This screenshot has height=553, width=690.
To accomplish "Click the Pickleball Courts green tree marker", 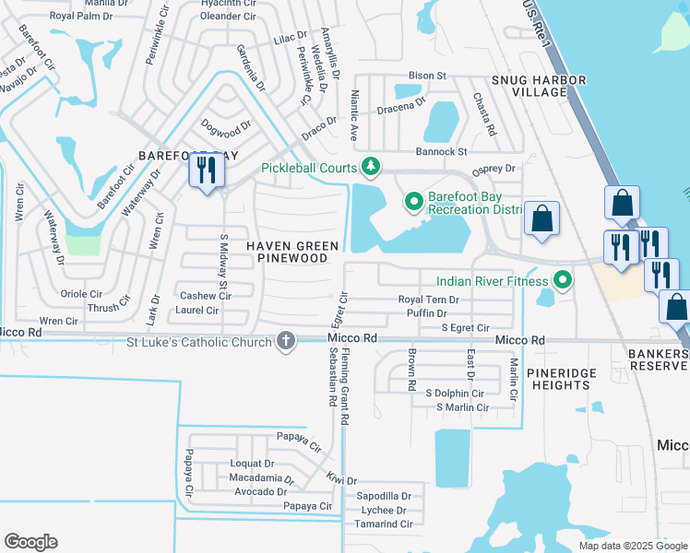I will point(371,167).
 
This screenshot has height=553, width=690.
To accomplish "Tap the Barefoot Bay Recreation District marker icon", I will point(414,200).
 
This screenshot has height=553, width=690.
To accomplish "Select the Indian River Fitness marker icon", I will point(560,279).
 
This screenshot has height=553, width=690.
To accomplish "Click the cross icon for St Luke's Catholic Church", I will point(286,342).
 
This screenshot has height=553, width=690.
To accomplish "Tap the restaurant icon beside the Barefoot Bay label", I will point(206,171).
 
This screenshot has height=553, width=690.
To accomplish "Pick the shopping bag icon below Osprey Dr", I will point(542,219).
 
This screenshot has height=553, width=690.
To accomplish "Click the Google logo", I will point(30,542).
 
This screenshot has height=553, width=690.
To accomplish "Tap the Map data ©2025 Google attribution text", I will point(632,546).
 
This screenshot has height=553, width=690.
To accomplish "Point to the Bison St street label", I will point(427,76).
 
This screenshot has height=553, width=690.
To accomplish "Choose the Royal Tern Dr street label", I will point(429,300).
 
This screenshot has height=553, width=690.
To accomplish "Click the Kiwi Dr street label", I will point(340,479).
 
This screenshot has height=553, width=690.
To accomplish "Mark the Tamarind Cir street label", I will point(384,524).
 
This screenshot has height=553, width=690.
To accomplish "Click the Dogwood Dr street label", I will point(227,126).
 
